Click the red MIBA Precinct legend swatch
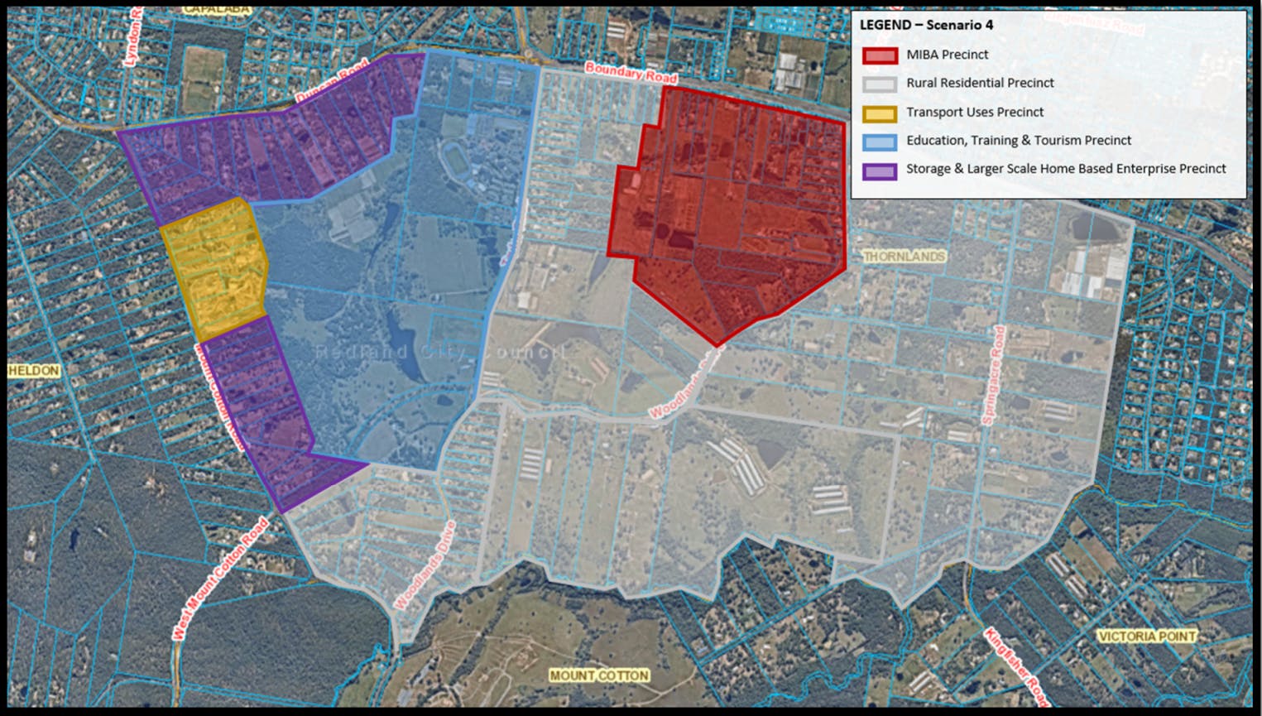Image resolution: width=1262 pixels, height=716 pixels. (879, 55)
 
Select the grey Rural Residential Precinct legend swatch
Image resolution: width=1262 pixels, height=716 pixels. (879, 84)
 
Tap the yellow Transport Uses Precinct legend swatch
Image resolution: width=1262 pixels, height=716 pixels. (879, 113)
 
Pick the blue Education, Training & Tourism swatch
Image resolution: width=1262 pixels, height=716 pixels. (879, 142)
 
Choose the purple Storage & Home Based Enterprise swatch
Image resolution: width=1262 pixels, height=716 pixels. (879, 171)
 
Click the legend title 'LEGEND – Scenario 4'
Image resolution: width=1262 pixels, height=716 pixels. (926, 25)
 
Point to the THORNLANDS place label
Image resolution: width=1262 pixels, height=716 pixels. (904, 257)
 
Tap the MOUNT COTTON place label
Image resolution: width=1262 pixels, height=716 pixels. (599, 675)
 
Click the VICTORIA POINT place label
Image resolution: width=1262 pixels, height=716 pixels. (1146, 636)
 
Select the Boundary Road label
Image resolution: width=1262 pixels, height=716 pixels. (631, 73)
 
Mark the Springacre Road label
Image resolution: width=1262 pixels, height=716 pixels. (994, 375)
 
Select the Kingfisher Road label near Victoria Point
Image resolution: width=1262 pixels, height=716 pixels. (1016, 667)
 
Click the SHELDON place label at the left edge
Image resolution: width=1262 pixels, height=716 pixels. (34, 370)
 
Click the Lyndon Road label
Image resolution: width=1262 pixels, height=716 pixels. (133, 37)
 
